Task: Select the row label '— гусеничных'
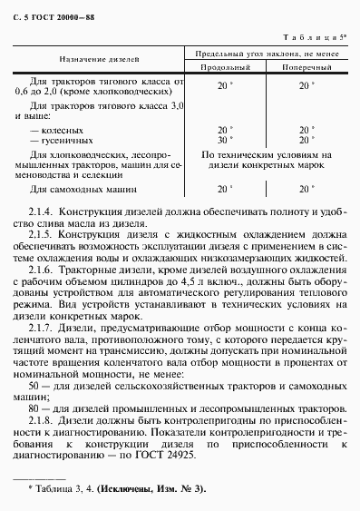pos(61,141)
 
